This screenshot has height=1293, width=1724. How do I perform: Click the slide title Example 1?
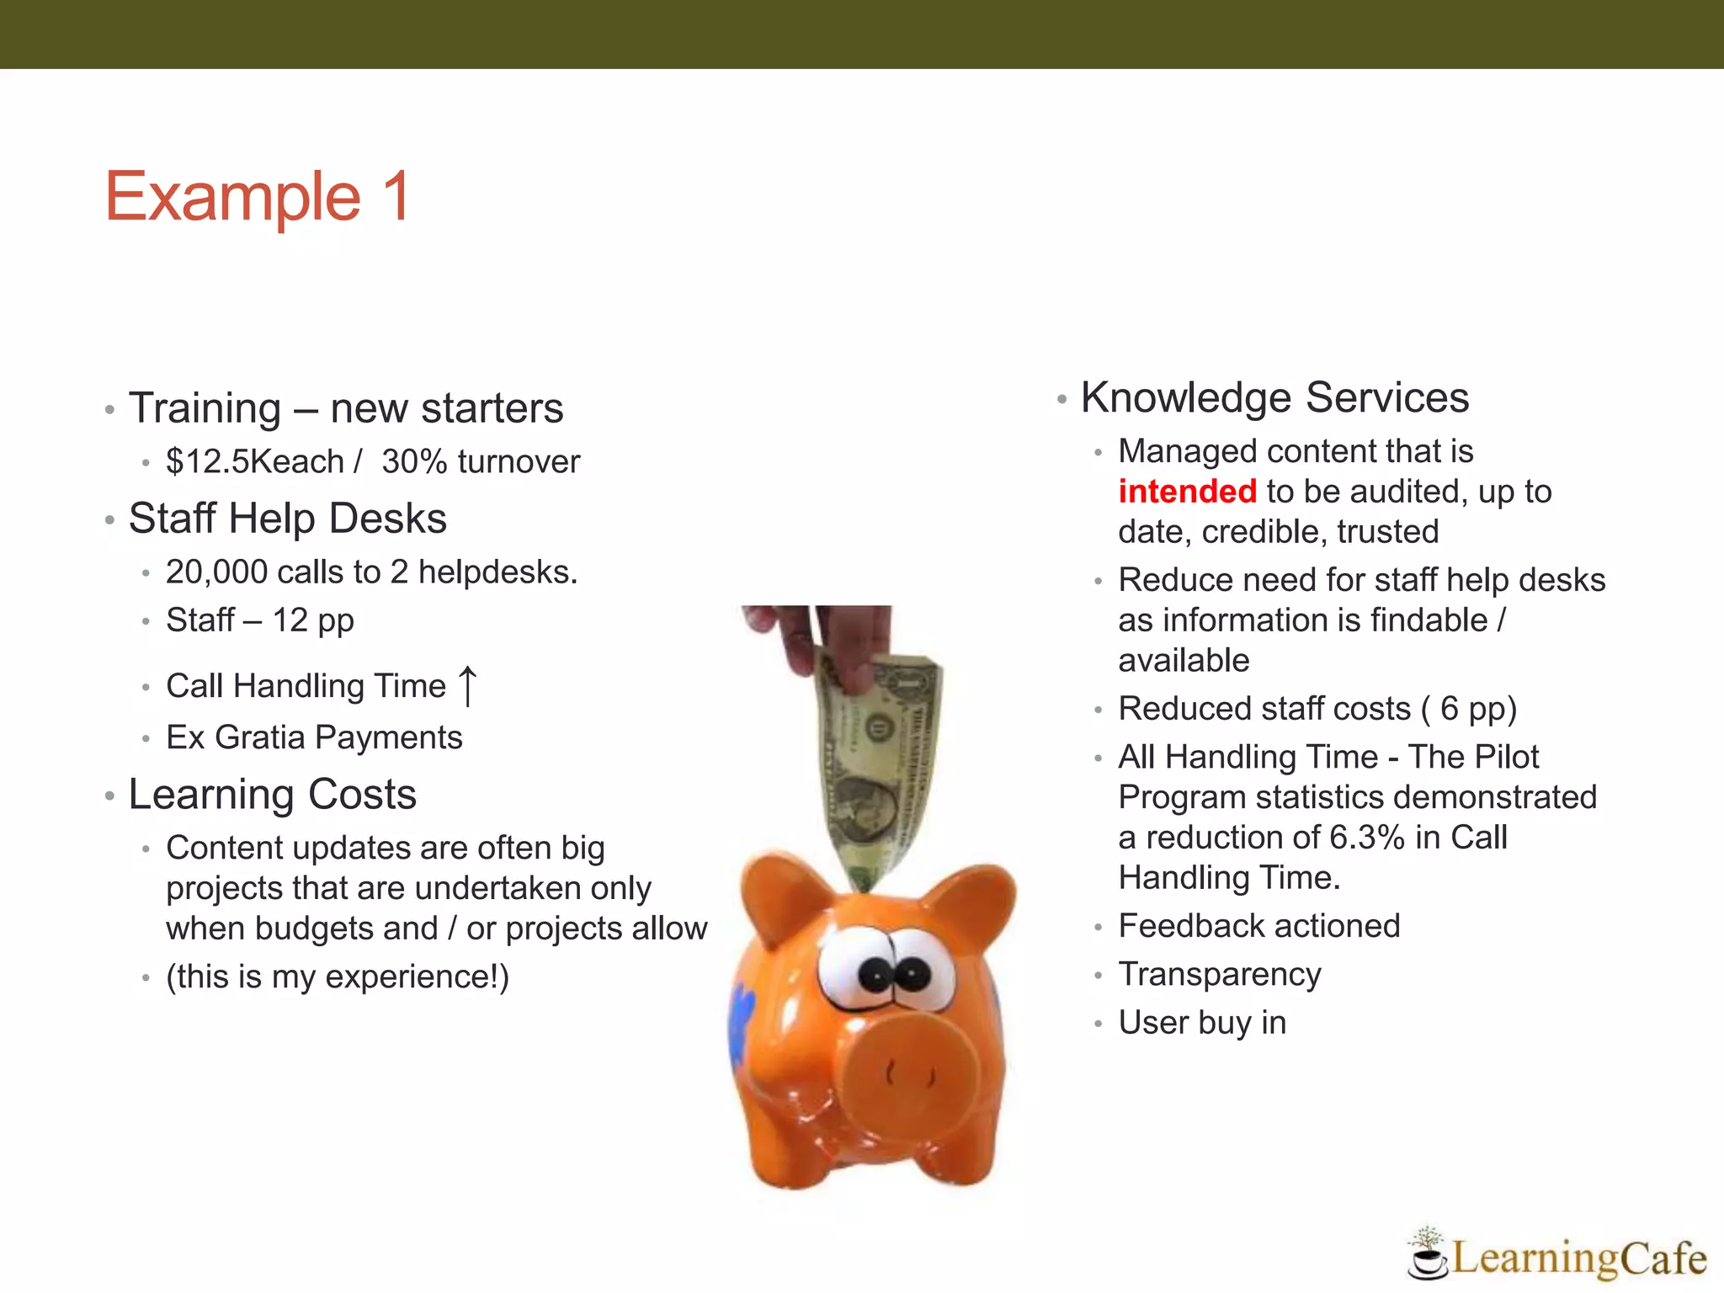[258, 196]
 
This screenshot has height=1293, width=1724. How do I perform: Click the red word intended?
[1187, 492]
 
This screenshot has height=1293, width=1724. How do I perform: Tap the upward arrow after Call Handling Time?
[468, 685]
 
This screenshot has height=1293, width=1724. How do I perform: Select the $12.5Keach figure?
[255, 462]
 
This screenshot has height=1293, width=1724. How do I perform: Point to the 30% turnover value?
[481, 462]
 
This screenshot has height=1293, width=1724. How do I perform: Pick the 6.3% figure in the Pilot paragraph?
[1367, 838]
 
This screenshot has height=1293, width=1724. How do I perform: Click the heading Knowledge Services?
[1274, 397]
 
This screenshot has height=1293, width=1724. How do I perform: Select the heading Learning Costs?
[272, 795]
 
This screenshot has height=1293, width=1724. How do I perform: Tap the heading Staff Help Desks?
[287, 519]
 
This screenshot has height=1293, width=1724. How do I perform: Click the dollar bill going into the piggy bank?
[880, 766]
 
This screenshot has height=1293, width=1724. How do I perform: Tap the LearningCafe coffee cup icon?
[1426, 1259]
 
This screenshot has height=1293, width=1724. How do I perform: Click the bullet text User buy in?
[1201, 1023]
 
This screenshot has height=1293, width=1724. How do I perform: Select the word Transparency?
[1219, 975]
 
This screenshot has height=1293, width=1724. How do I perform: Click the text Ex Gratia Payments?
[314, 738]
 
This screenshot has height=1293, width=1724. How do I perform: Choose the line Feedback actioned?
[1258, 926]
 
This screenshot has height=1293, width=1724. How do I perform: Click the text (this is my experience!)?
[338, 977]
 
